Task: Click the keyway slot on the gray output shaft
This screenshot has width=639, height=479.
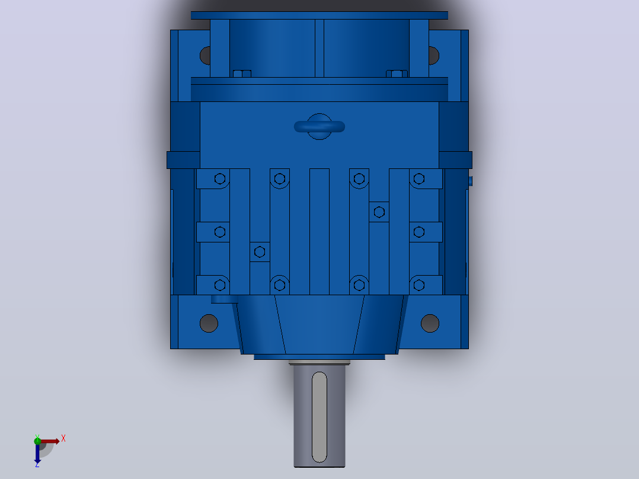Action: pos(319,417)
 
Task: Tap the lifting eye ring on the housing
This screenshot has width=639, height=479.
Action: pos(319,127)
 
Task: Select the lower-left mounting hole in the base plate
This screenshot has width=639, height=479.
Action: pos(209,323)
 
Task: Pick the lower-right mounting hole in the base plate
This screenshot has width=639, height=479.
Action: pos(430,323)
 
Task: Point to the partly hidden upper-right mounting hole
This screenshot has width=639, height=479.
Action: pos(434,56)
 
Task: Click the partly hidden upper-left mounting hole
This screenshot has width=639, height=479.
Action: pos(205,56)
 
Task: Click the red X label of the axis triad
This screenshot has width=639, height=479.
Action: pos(63,439)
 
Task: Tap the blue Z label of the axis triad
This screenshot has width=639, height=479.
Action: pos(37,464)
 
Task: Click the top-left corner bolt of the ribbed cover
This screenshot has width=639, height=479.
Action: pos(220,178)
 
